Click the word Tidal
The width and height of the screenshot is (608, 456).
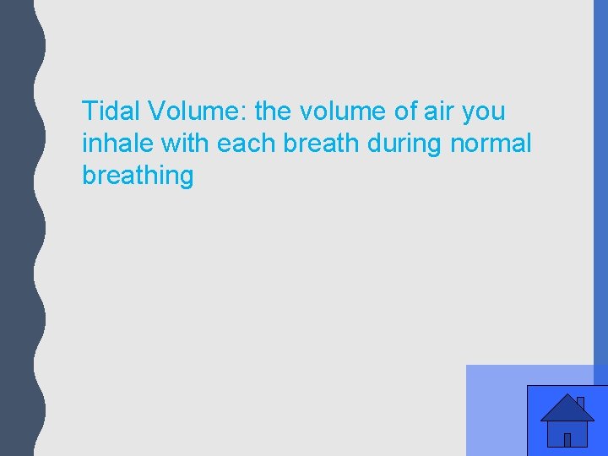[x=111, y=111]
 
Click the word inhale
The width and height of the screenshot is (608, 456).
[x=119, y=144]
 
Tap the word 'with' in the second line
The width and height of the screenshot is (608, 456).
[x=187, y=144]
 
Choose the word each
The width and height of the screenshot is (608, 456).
[x=247, y=144]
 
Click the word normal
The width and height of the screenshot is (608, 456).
[x=491, y=144]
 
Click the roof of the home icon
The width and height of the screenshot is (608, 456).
[x=566, y=410]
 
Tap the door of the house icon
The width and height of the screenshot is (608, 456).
[x=567, y=439]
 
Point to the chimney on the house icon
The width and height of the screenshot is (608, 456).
[x=580, y=402]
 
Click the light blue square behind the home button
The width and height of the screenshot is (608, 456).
[x=494, y=410]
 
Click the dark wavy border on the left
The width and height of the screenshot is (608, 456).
[x=17, y=228]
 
